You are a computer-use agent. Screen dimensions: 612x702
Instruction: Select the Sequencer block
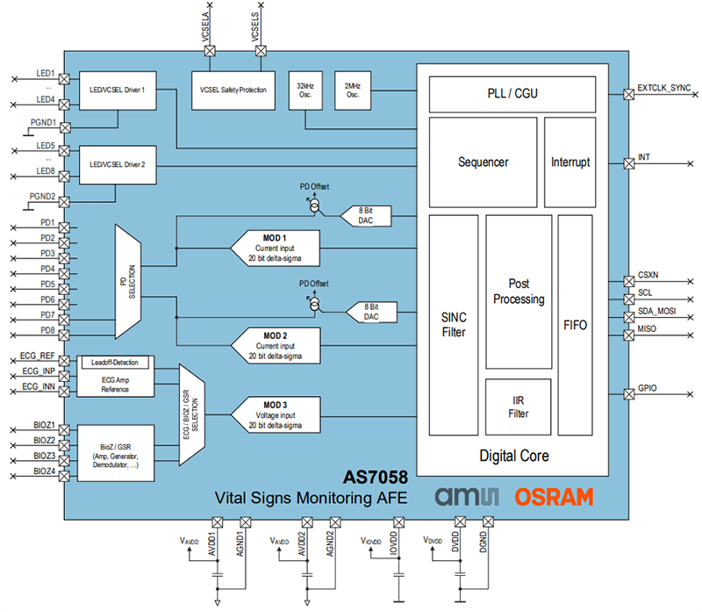coord(483,162)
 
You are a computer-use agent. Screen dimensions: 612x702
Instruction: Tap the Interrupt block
coord(570,162)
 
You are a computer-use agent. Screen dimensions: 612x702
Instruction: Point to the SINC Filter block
coord(453,325)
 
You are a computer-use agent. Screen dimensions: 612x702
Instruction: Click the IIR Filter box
coord(518,407)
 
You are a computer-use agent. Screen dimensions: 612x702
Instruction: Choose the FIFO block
coord(575,325)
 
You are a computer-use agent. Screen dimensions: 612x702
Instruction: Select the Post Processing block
coord(518,292)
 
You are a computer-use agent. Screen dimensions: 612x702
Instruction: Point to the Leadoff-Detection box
coord(115,362)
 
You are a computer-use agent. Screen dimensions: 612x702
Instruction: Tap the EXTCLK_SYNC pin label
coord(666,89)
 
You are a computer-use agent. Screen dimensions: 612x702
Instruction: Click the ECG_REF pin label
coord(39,356)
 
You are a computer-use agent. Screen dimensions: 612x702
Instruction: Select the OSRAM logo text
coord(553,497)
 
